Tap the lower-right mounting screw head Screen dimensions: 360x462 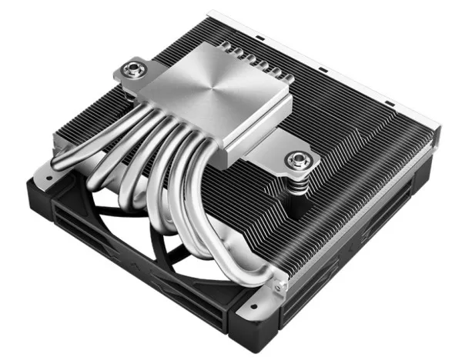pyautogui.click(x=296, y=161)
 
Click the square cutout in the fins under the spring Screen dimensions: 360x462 pyautogui.click(x=304, y=204)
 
